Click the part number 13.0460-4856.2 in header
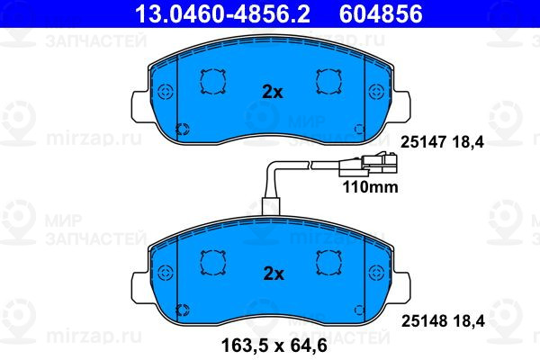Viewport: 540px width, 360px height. (x=223, y=13)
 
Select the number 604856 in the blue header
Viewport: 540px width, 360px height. (x=381, y=13)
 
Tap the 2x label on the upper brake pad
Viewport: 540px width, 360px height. (x=273, y=92)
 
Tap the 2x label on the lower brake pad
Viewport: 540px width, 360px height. (x=274, y=274)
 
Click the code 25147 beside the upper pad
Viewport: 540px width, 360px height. (x=423, y=142)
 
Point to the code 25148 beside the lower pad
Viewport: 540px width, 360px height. (x=424, y=321)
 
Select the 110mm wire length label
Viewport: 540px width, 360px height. (x=370, y=187)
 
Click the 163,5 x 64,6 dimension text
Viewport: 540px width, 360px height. (x=274, y=346)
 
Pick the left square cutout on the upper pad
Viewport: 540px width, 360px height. (x=212, y=82)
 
